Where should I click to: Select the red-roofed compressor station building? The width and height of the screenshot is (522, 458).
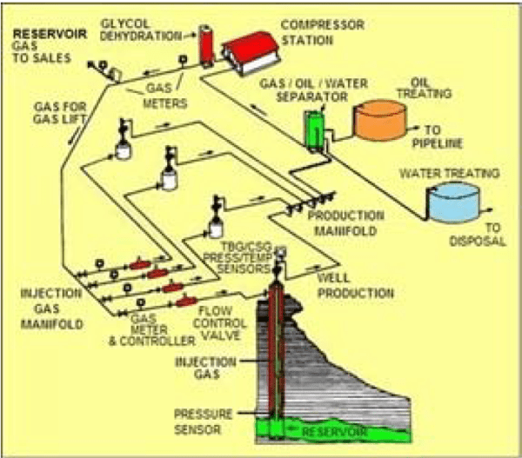pos(254,50)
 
